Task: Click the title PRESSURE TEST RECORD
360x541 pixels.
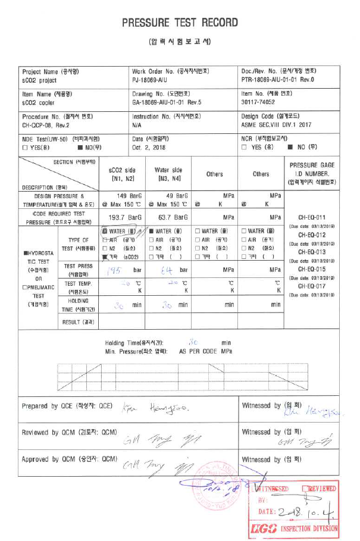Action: [180, 23]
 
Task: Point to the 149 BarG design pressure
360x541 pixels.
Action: [123, 195]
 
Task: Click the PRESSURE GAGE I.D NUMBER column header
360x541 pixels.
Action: [312, 173]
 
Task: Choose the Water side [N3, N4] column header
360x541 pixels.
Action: [168, 174]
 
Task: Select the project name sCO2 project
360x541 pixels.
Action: [39, 79]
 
